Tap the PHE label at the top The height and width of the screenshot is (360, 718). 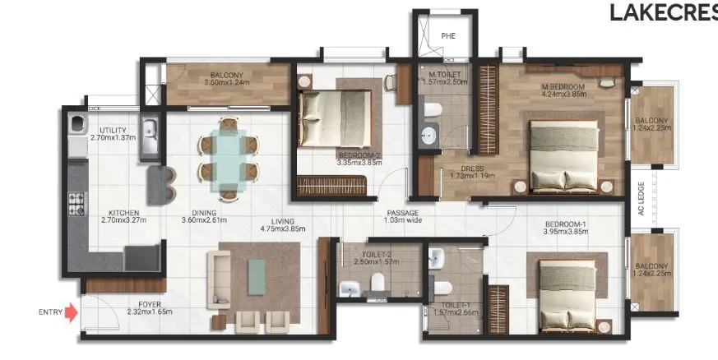pyautogui.click(x=448, y=36)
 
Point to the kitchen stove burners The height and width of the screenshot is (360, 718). pyautogui.click(x=76, y=201)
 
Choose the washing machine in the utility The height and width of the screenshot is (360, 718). pyautogui.click(x=77, y=125)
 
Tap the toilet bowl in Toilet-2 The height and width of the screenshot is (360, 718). pyautogui.click(x=378, y=284)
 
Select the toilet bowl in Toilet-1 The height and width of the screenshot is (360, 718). pyautogui.click(x=442, y=287)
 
